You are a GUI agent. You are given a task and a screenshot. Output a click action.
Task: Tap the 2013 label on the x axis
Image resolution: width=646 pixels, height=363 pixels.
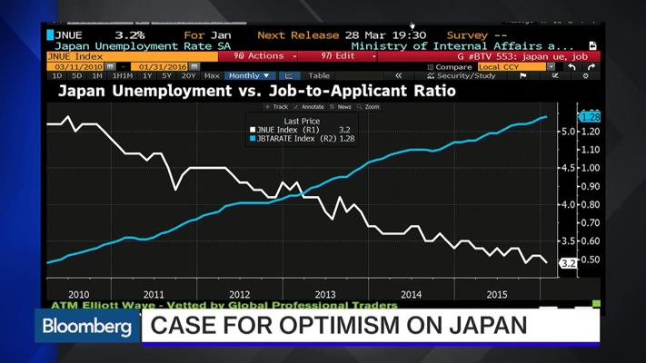pyautogui.click(x=324, y=294)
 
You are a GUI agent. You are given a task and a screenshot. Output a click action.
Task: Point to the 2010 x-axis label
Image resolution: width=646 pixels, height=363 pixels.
pyautogui.click(x=78, y=294)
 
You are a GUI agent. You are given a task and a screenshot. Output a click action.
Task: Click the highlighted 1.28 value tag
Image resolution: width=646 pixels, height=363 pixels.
pyautogui.click(x=591, y=117)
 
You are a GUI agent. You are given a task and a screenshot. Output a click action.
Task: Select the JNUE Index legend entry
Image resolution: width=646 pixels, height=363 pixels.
pyautogui.click(x=293, y=130)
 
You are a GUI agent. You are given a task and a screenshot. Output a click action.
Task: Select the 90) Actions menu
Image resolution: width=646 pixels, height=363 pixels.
pyautogui.click(x=263, y=56)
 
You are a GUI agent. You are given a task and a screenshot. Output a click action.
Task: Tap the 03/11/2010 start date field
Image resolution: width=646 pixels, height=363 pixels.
pyautogui.click(x=76, y=66)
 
